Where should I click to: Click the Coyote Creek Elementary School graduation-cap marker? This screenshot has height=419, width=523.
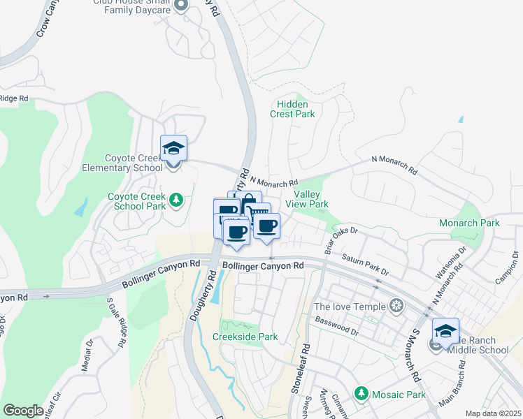[x=174, y=148]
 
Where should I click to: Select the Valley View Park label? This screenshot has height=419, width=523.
[x=311, y=199]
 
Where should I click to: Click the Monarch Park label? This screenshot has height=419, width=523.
[x=469, y=223]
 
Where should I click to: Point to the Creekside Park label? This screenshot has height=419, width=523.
[x=245, y=337]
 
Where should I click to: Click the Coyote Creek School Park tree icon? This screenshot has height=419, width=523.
[x=177, y=201]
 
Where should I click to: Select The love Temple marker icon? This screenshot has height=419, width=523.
[x=396, y=307]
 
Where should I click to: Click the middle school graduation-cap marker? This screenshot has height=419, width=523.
[x=445, y=331]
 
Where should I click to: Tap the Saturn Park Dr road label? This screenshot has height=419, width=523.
[x=364, y=264]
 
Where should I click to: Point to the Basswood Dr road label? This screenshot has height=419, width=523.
[x=337, y=327]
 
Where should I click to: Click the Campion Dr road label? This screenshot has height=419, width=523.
[x=507, y=272]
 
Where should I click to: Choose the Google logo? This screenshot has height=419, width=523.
[x=23, y=411]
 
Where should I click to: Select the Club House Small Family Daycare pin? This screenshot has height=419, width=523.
[x=181, y=6]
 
